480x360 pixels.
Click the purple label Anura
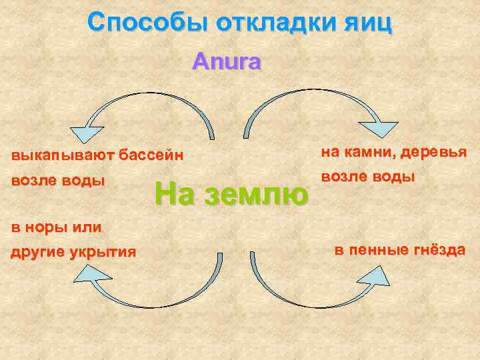click(x=227, y=62)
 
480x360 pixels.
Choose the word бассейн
click(x=151, y=157)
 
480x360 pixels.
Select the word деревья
click(x=433, y=152)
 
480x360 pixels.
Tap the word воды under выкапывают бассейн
click(x=83, y=181)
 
